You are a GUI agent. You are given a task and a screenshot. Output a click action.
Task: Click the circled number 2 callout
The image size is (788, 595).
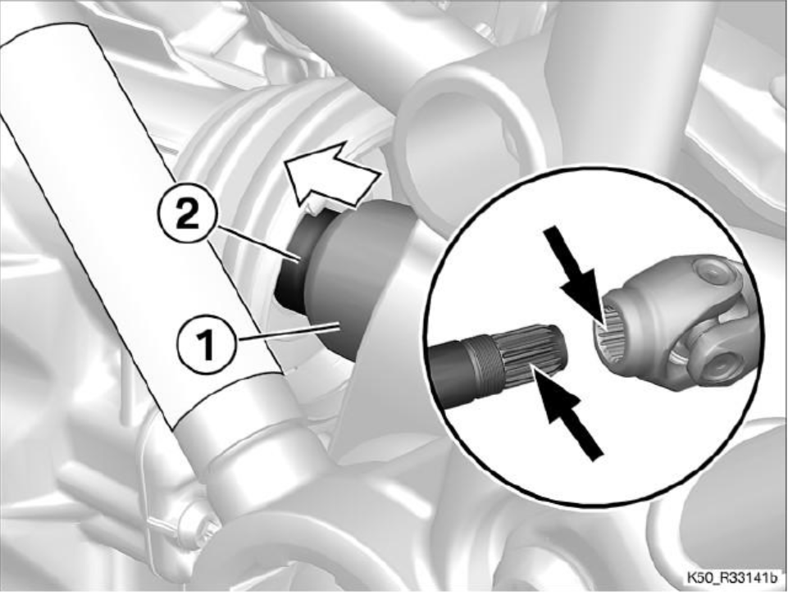pyautogui.click(x=187, y=217)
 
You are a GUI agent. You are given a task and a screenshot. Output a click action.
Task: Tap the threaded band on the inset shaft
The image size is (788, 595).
pyautogui.click(x=485, y=366)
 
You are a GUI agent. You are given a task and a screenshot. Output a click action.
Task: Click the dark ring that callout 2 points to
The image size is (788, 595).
pyautogui.click(x=297, y=261)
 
